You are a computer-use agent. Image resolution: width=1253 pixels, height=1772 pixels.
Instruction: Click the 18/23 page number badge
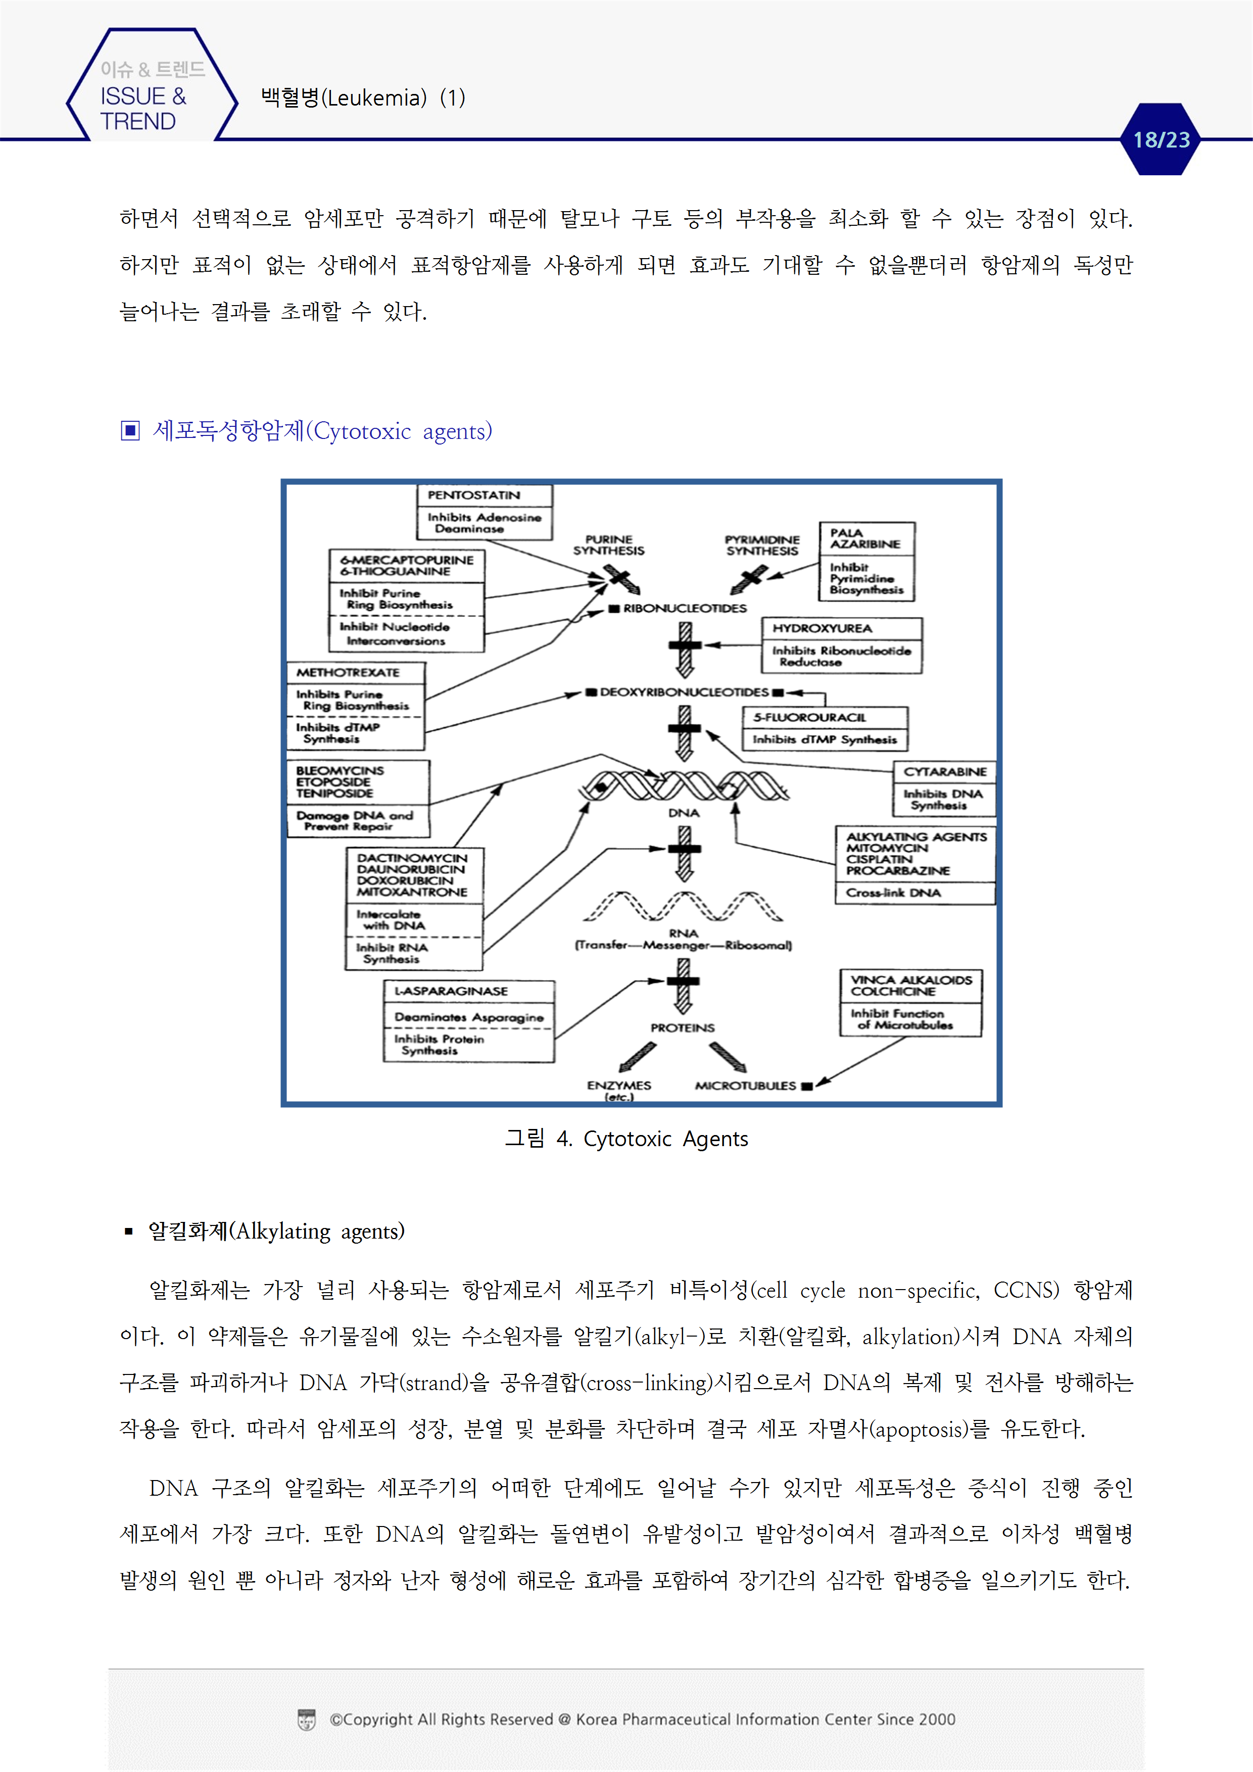click(x=1161, y=140)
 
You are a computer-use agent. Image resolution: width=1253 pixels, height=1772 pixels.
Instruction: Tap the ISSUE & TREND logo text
click(x=143, y=108)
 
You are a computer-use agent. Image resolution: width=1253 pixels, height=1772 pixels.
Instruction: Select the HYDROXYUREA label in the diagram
click(x=822, y=628)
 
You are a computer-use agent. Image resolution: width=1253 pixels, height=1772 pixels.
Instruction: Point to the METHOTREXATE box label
click(x=348, y=672)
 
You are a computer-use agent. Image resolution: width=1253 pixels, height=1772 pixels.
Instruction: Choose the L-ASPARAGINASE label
click(x=451, y=991)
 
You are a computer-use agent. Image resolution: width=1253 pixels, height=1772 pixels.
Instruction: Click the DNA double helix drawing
click(x=684, y=785)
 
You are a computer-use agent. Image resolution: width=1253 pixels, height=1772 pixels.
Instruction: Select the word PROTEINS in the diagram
click(x=683, y=1028)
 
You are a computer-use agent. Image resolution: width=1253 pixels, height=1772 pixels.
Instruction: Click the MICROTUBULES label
click(x=745, y=1086)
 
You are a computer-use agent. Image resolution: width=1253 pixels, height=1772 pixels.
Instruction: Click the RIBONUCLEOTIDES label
click(x=684, y=608)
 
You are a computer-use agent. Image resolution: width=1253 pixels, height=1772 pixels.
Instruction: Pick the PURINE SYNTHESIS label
click(x=608, y=545)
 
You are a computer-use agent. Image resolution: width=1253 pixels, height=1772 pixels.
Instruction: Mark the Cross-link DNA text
click(x=892, y=893)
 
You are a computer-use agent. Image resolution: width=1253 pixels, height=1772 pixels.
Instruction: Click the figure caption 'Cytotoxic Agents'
click(x=665, y=1139)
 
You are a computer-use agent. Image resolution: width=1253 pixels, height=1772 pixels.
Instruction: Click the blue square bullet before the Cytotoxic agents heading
click(x=130, y=431)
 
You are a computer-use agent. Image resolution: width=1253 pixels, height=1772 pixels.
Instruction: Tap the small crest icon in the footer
click(x=307, y=1719)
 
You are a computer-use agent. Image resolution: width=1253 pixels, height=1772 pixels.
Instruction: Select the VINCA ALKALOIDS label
click(x=910, y=980)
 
